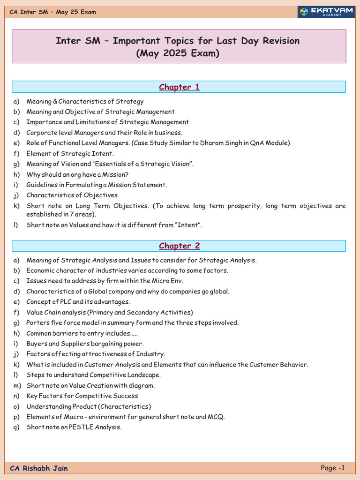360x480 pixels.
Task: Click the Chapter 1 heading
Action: [x=179, y=87]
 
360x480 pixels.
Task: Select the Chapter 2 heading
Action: [x=179, y=246]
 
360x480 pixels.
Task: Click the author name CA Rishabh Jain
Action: [x=39, y=468]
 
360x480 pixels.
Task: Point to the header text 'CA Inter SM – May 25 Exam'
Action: [x=53, y=12]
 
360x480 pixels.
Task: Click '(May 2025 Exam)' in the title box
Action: [x=178, y=53]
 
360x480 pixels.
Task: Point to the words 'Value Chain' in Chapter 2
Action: [x=44, y=312]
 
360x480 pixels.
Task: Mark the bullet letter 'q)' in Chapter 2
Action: [x=17, y=427]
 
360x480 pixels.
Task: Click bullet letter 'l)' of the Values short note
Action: [x=15, y=225]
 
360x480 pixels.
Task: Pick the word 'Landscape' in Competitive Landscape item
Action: [x=144, y=375]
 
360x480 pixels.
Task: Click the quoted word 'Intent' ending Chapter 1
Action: [x=189, y=225]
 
